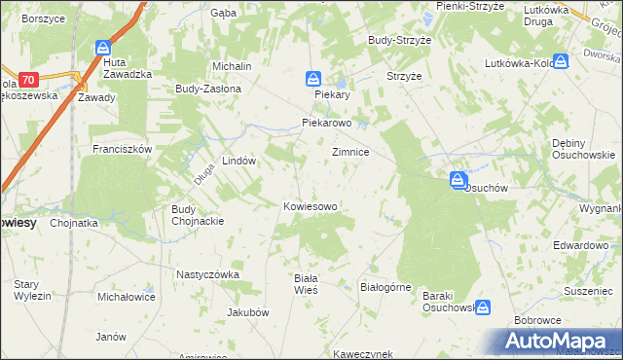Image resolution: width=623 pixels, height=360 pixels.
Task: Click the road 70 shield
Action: pos(27,79)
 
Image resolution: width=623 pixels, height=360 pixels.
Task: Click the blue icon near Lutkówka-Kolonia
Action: pos(561,60)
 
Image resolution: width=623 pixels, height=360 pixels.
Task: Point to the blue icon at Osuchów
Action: pos(457,180)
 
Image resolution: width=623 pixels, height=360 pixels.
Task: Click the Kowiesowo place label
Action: pos(310,206)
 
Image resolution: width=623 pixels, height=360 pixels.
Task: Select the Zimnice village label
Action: pos(349,153)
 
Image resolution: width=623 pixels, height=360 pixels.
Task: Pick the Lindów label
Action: pos(238,161)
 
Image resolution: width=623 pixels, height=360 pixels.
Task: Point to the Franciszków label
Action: pos(122,149)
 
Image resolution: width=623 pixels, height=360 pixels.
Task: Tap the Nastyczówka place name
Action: pos(207,274)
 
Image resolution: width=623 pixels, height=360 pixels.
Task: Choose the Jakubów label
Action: pos(247,312)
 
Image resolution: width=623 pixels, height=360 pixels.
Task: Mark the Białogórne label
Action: pos(386,287)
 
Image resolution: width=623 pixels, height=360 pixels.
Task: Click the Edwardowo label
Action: pos(580,245)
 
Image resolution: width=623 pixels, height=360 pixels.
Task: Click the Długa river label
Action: pos(202,172)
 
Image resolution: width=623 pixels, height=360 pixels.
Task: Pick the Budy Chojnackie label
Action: pos(198,214)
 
